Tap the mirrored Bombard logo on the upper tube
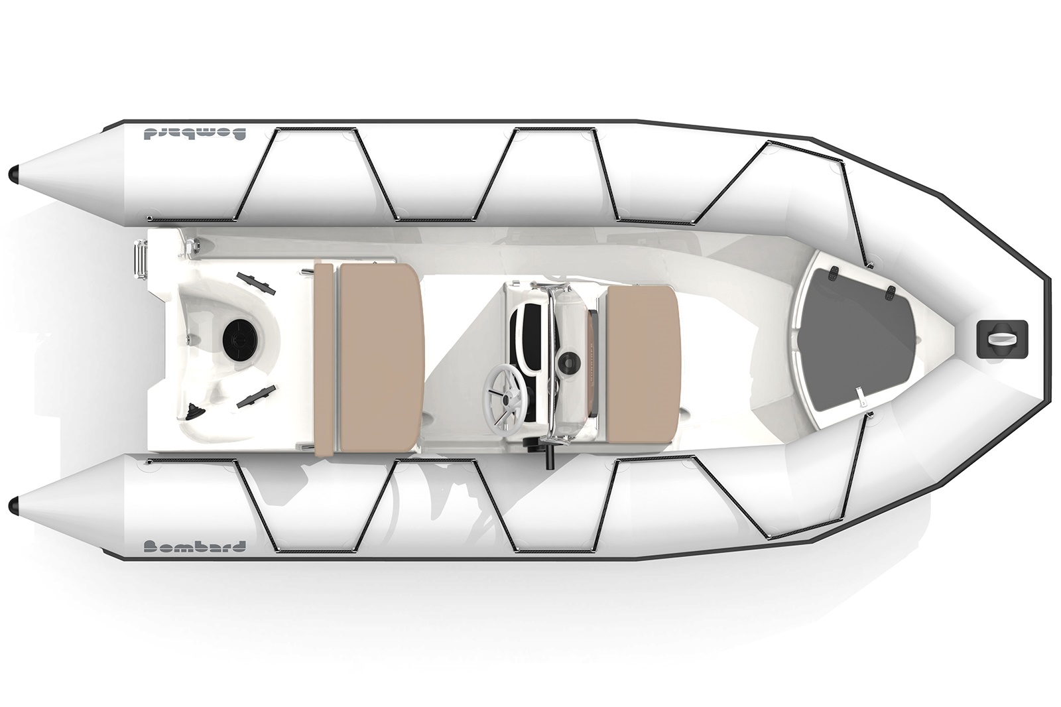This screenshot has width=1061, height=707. coord(193,133)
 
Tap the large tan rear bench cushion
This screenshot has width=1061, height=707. coord(379,358)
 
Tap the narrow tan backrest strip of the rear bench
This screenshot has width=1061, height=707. coord(324,358)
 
